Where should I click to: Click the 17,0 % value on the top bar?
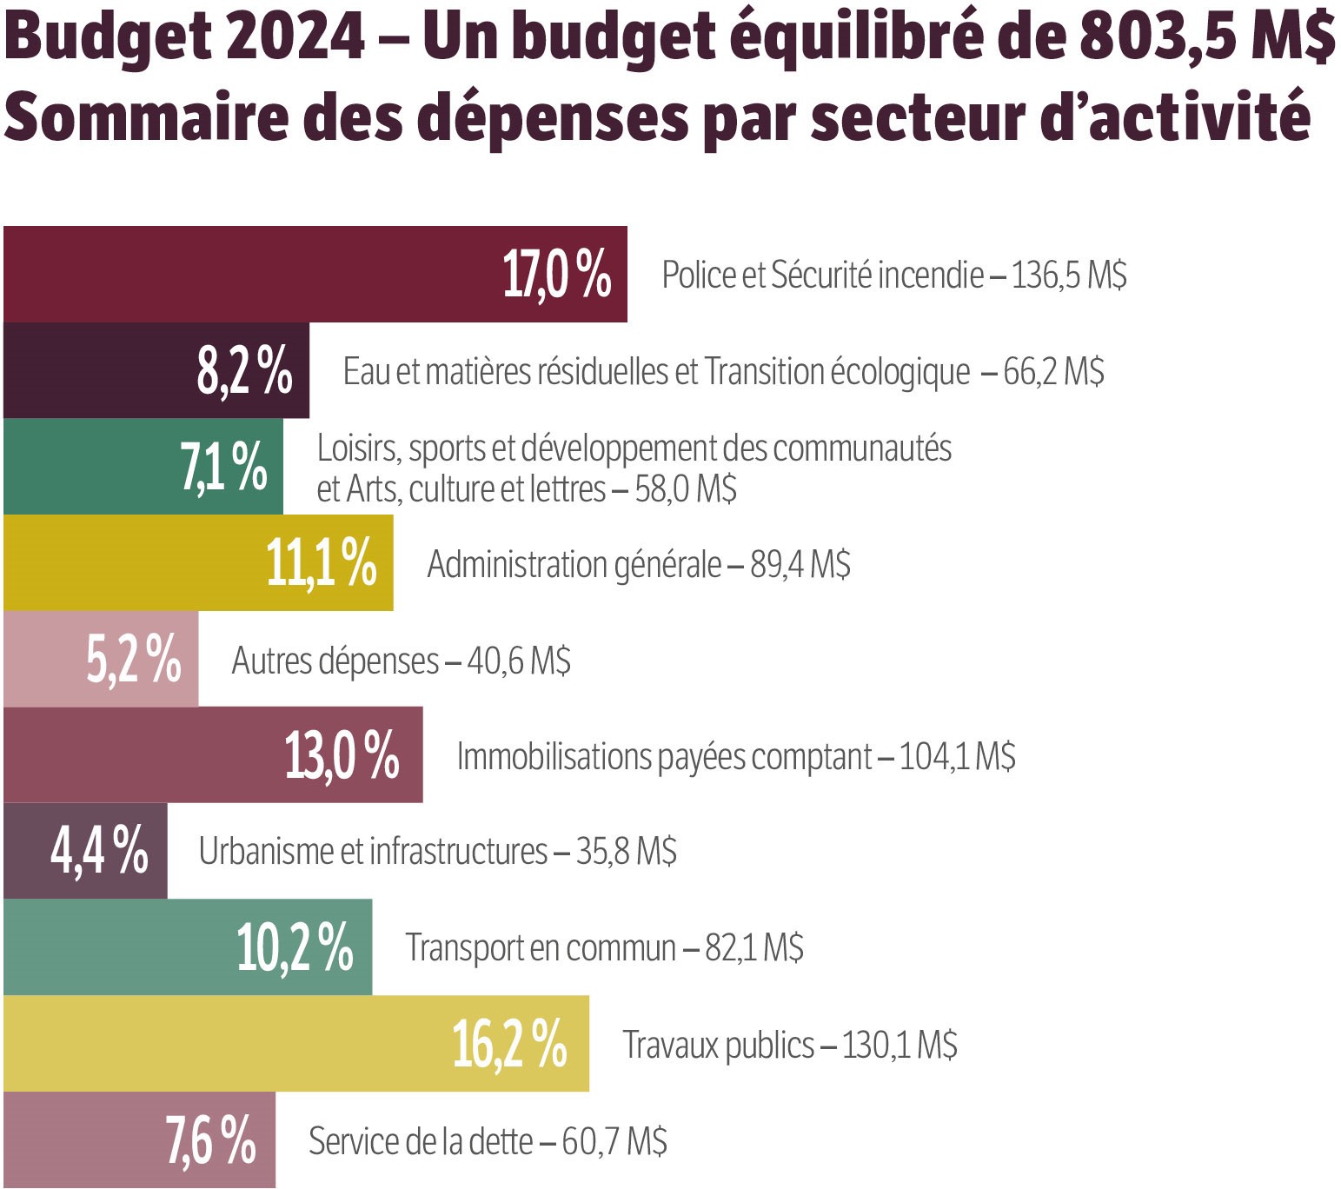coord(557,275)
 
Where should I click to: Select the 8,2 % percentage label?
coord(244,371)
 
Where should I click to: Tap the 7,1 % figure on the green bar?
coord(223,467)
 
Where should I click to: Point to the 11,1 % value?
coord(321,563)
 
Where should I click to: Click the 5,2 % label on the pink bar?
coord(133,660)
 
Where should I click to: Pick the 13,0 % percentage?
coord(342,755)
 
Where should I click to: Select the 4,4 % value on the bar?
coord(99,851)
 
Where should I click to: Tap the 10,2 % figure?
coord(295,947)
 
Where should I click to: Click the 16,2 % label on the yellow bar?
coord(509,1044)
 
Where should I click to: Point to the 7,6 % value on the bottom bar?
coord(210,1140)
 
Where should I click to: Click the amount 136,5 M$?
coord(1069,276)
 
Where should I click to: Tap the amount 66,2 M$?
coord(1053,372)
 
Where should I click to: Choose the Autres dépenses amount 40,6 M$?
coord(519,661)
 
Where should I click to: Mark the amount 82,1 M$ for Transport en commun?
coord(753,948)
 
